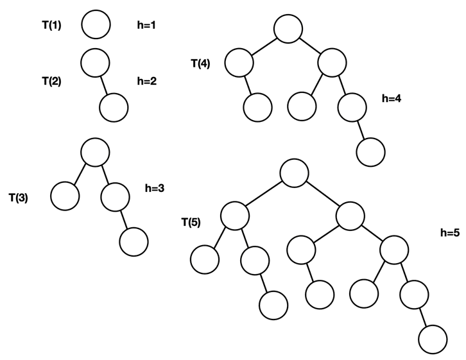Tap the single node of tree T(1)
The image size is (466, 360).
click(96, 25)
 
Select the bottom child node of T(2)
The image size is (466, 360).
click(116, 107)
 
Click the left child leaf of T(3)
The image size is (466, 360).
click(64, 196)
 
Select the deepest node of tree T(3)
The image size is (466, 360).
click(134, 241)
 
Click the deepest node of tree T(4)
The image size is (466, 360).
click(370, 152)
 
